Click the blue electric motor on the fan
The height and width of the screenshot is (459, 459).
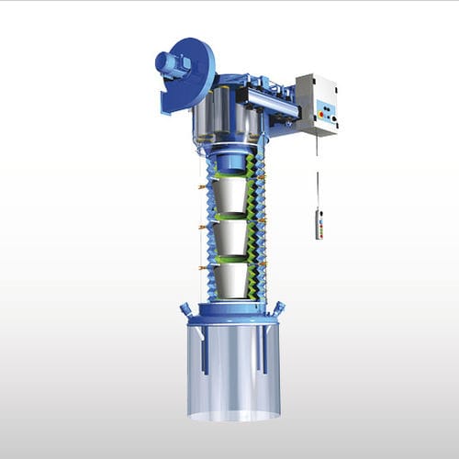tap(171, 62)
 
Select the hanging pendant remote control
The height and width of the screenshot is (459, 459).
tap(319, 223)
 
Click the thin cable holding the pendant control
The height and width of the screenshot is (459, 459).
tap(319, 174)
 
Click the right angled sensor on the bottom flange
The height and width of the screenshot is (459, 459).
tap(278, 308)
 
